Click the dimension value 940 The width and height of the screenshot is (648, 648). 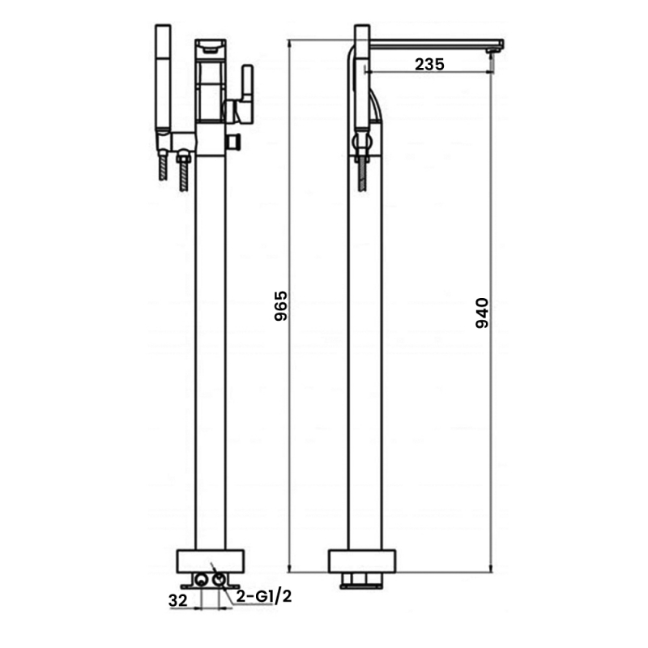(x=481, y=313)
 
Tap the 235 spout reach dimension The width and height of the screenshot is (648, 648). (x=429, y=65)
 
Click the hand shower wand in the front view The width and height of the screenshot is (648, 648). (x=162, y=81)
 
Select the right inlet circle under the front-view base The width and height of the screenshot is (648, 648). (x=220, y=580)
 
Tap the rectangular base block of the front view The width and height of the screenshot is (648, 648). (x=210, y=561)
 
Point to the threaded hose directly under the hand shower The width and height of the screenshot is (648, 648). (x=164, y=172)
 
